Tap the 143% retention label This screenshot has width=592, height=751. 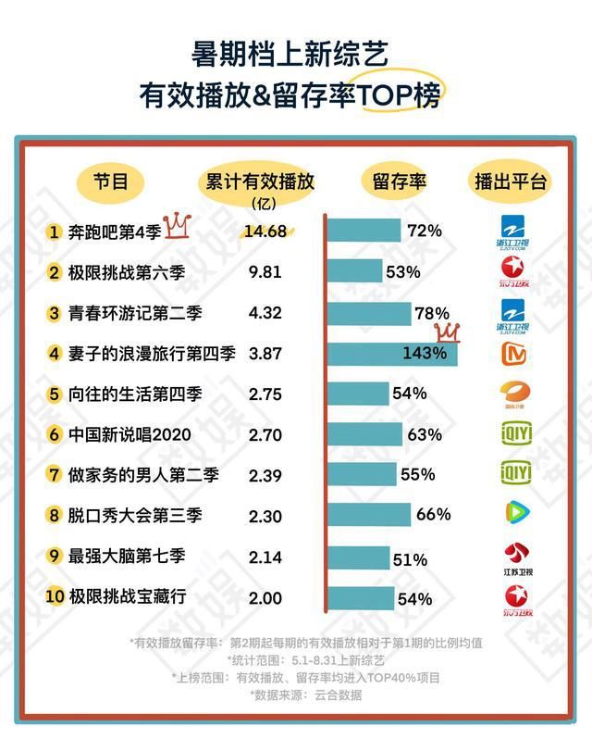pos(425,353)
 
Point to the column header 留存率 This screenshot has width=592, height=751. pos(400,181)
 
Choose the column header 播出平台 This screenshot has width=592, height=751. pos(511,181)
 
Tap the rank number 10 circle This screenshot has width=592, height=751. pos(55,597)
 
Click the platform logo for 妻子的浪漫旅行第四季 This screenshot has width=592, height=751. pos(512,353)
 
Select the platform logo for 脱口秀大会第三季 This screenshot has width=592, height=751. pos(512,513)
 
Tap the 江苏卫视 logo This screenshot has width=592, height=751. pos(512,559)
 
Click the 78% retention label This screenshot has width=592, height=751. pos(432,313)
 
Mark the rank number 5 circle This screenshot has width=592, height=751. pos(55,394)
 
